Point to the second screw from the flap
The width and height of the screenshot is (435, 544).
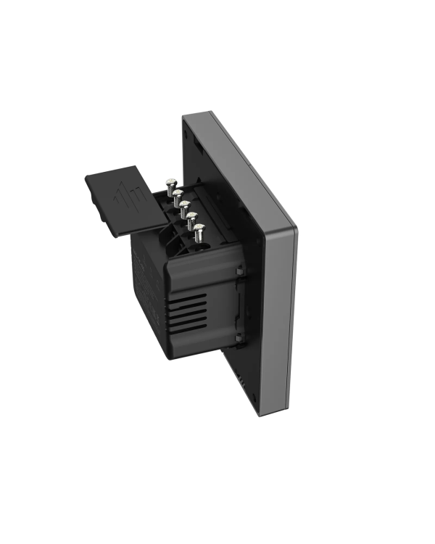[177, 194]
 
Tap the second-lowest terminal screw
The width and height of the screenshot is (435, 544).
[191, 218]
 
